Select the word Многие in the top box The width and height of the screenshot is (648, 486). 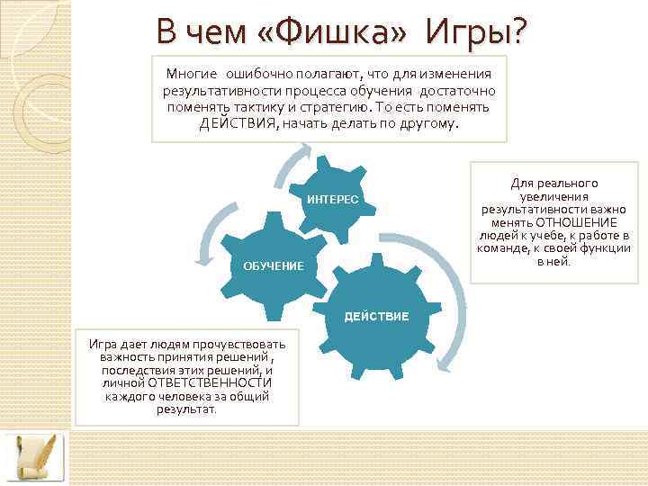pos(192,74)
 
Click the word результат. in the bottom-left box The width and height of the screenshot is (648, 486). pos(186,409)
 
